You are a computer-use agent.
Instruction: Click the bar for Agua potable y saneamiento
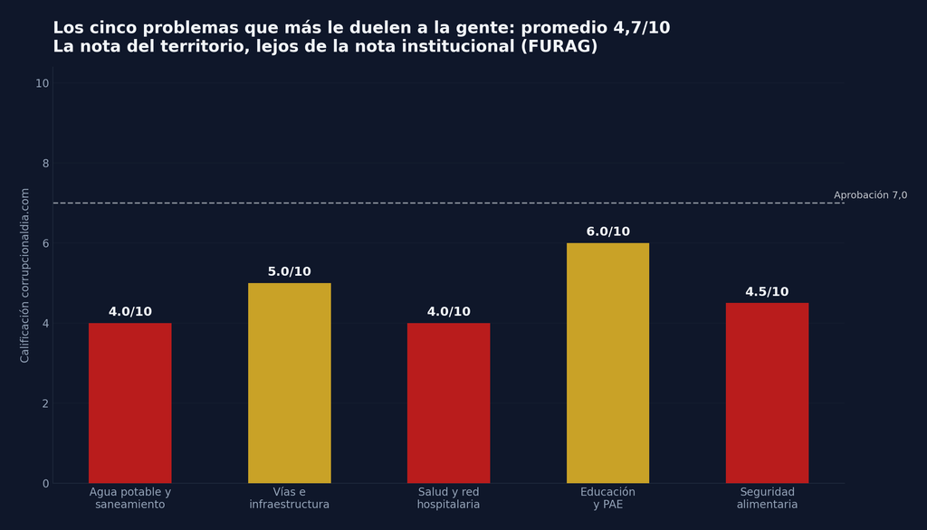(x=130, y=403)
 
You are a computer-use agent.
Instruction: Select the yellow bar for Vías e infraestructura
(x=289, y=383)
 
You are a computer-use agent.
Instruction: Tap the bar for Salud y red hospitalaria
(x=449, y=403)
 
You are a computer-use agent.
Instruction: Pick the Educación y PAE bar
(x=607, y=363)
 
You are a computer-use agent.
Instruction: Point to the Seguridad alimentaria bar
(x=768, y=393)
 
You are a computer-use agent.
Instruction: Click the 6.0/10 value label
(x=607, y=232)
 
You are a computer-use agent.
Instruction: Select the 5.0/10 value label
(x=289, y=272)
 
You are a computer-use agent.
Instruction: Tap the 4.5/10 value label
(x=767, y=292)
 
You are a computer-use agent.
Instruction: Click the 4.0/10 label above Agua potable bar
(x=130, y=311)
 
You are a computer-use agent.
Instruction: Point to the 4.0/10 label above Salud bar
(x=449, y=311)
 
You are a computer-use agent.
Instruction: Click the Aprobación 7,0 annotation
(x=870, y=195)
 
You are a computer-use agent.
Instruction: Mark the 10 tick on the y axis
(x=42, y=83)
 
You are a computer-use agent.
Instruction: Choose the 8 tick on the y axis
(x=45, y=164)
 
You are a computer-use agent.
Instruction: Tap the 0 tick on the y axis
(x=45, y=484)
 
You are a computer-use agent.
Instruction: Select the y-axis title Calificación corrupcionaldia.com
(x=24, y=275)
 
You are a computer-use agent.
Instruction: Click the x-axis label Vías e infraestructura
(x=289, y=498)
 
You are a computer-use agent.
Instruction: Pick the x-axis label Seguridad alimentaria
(x=767, y=498)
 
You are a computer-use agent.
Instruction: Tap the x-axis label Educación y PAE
(x=607, y=498)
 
